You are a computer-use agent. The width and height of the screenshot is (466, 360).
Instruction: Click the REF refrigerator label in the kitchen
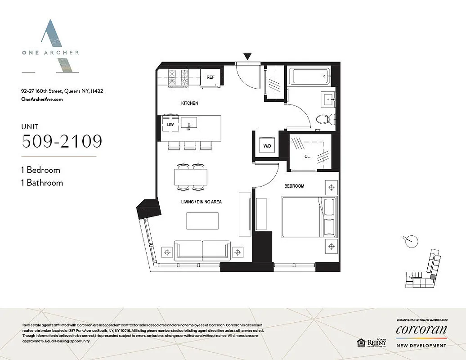(x=210, y=77)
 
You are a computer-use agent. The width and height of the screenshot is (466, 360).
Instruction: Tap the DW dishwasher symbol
(x=170, y=124)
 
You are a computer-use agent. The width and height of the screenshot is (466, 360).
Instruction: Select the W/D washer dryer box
(x=267, y=146)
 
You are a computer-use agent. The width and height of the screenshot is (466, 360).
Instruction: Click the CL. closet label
(x=308, y=157)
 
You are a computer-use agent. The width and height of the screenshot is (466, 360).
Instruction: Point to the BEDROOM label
(x=294, y=186)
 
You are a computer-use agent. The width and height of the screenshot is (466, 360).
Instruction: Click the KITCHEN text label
(x=189, y=103)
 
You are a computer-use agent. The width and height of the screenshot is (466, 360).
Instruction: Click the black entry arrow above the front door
(x=247, y=56)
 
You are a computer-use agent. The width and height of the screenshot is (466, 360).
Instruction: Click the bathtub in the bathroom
(x=309, y=76)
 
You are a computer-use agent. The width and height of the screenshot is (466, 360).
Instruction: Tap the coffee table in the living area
(x=202, y=221)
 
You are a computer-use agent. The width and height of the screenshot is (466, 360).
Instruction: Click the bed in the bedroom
(x=309, y=217)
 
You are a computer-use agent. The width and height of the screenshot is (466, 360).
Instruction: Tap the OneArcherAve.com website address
(x=42, y=99)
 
